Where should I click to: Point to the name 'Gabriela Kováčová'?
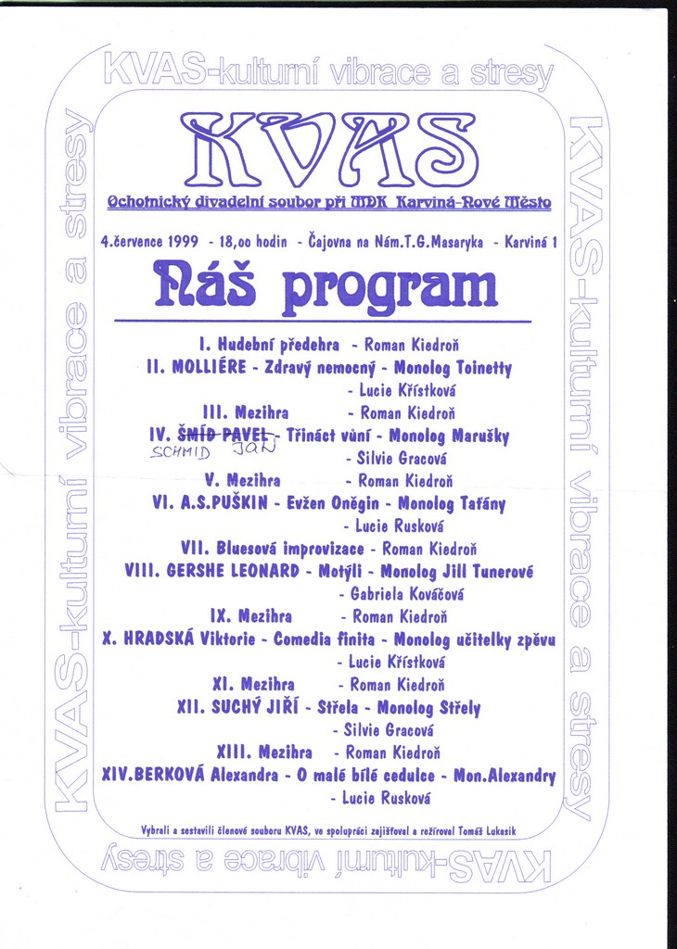point(407,593)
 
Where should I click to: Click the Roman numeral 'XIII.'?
point(236,752)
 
